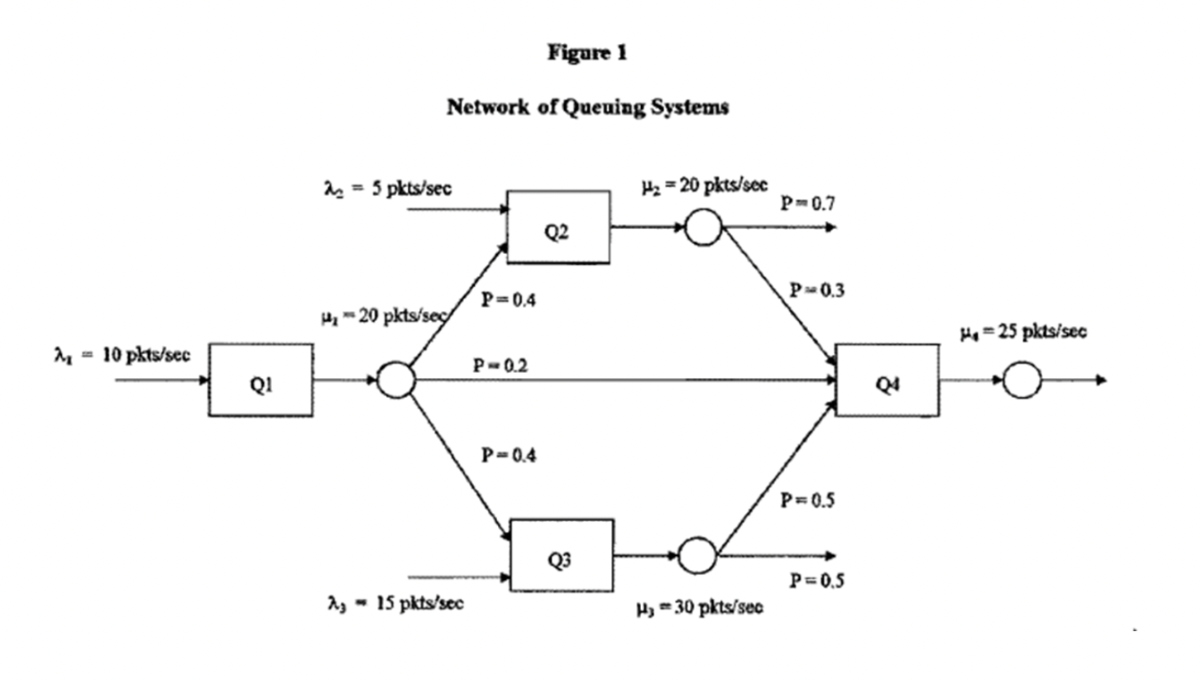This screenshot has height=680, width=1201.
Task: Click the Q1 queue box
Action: coord(261,381)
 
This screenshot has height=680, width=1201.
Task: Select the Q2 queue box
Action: coord(558,227)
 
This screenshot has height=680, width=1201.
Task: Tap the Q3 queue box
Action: coord(562,555)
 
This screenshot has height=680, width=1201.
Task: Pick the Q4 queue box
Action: coord(887,380)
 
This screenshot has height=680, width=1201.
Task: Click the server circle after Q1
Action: coord(396,381)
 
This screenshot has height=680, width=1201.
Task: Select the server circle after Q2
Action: coord(703,227)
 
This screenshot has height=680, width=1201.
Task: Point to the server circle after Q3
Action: coord(697,555)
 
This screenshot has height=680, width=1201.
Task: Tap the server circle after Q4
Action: coord(1022,381)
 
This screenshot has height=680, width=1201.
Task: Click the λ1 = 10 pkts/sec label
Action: coord(122,356)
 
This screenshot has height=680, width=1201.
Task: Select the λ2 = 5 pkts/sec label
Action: coord(387,188)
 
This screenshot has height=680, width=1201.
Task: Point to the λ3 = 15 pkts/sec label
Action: coord(395,603)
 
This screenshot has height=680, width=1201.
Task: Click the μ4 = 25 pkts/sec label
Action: coord(1023,332)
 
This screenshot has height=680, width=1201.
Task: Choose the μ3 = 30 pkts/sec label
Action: coord(700,608)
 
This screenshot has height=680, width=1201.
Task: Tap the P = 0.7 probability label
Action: coord(807,203)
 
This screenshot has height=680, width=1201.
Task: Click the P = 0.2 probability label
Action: coord(500,365)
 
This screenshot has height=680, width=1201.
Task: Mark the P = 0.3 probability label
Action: coord(816,290)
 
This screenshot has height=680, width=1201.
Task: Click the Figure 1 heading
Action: coord(587,53)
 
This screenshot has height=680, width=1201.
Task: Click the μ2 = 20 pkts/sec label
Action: coord(705,184)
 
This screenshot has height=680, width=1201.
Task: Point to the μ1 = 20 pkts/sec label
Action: coord(384,315)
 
